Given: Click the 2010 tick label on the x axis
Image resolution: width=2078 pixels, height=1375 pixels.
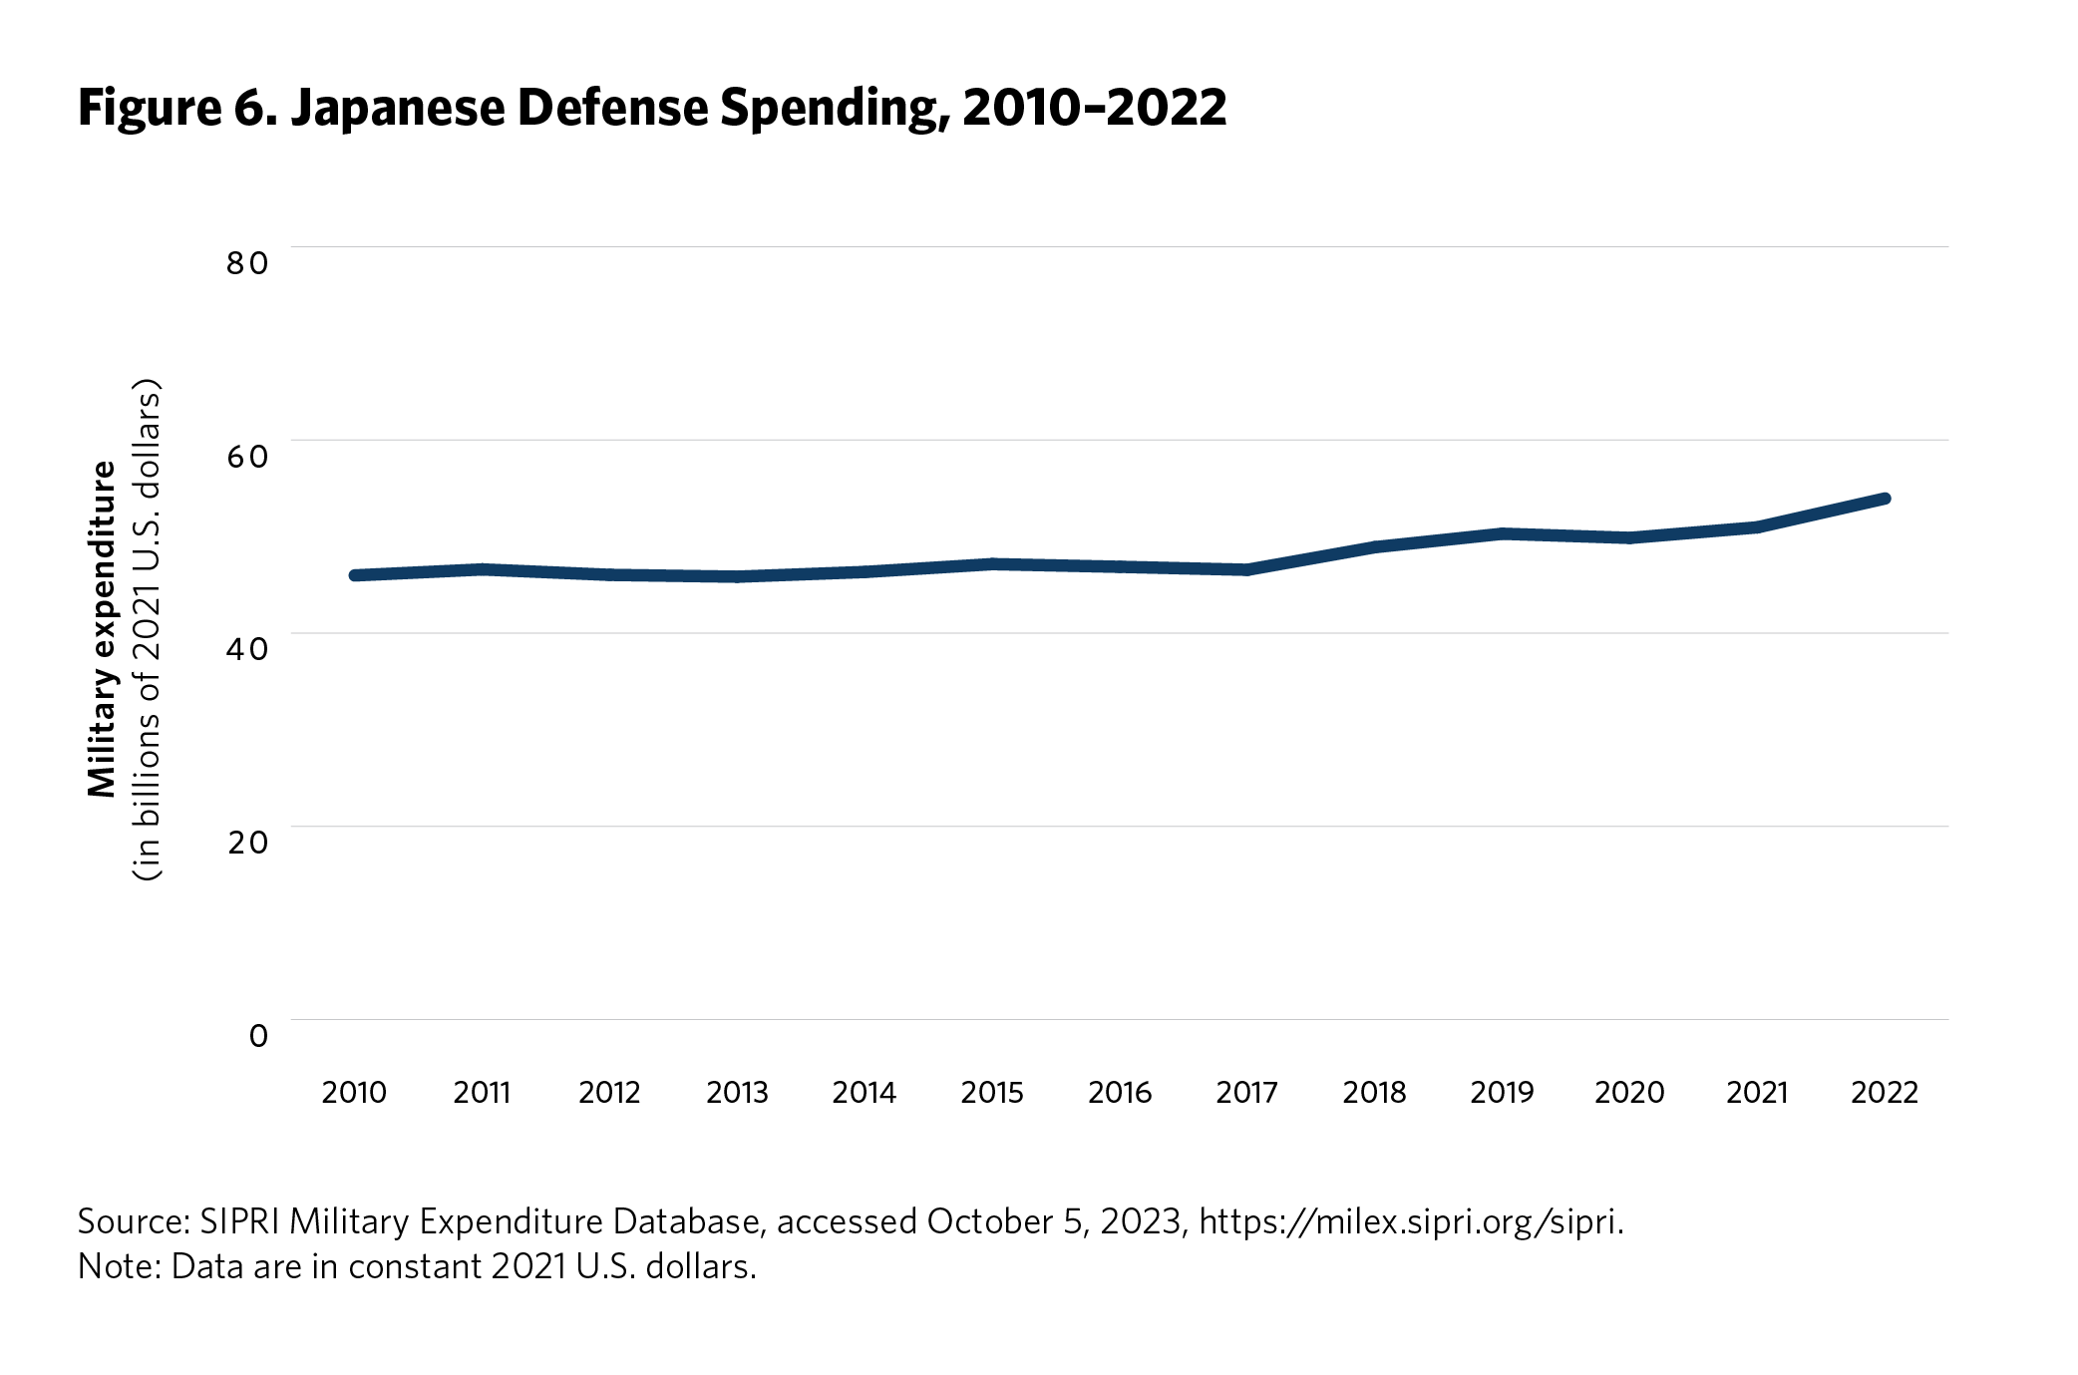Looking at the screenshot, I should pos(354,1093).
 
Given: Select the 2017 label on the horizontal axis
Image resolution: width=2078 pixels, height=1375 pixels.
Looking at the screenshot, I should pos(1246,1093).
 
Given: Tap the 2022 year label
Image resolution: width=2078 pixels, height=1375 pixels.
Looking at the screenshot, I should pos(1885,1093).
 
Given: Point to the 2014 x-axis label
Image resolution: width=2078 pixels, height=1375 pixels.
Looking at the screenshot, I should pos(864,1093).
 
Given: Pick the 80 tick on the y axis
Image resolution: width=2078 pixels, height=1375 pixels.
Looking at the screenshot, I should pos(247,263).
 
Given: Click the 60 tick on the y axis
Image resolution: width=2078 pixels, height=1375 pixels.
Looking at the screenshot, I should pos(247,457).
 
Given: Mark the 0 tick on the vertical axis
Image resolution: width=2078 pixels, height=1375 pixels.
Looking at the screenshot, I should pos(258,1036).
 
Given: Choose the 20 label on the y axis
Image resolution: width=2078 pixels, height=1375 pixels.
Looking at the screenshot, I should pos(247,843).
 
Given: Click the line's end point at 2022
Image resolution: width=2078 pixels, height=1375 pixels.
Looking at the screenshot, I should pos(1885,499).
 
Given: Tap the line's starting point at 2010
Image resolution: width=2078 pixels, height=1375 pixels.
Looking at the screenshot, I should pos(355,575).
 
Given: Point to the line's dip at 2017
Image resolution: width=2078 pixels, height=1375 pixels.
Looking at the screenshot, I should pos(1246,570).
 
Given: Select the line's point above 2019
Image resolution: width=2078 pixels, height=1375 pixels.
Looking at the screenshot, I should pos(1502,533).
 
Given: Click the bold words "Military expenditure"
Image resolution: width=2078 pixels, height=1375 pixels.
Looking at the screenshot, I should pos(103,629).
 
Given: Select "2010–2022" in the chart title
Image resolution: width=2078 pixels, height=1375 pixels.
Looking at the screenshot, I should pos(1094,108).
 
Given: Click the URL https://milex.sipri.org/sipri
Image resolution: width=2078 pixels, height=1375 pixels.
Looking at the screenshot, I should pos(1410,1221).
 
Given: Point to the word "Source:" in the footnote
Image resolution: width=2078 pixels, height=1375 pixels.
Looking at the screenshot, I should pos(134,1221).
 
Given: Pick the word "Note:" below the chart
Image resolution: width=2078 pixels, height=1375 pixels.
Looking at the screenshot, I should pos(120,1266).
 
